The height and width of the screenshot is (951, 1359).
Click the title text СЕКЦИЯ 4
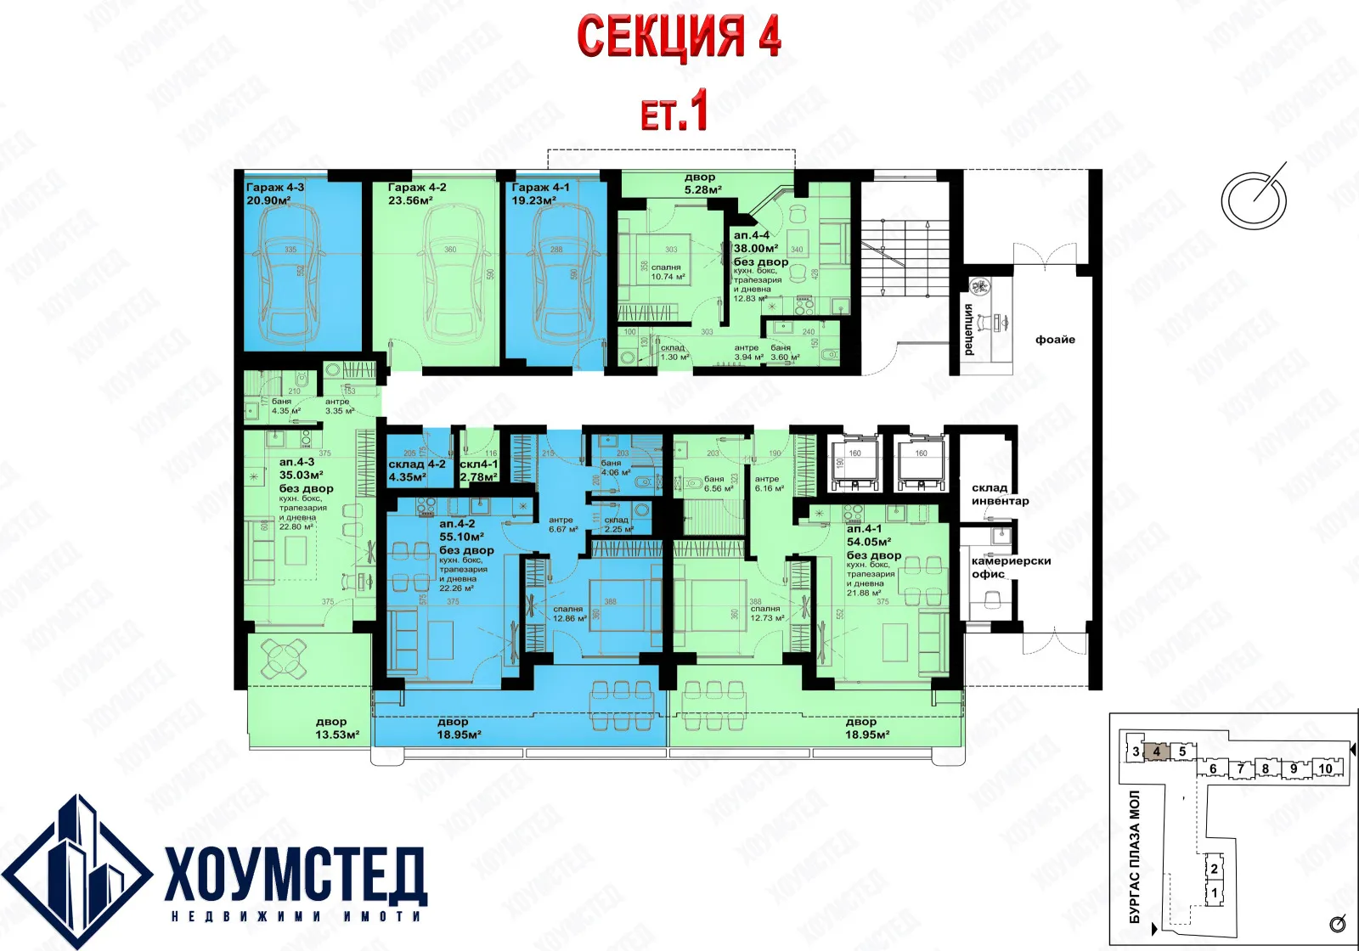click(x=678, y=37)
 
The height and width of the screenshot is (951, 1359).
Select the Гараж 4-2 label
click(x=416, y=188)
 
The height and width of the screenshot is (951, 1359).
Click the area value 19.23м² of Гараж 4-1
click(x=533, y=201)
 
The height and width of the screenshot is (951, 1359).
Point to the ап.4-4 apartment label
click(x=752, y=235)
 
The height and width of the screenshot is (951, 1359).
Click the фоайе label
click(x=1055, y=340)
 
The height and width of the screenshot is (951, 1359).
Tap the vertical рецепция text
click(x=969, y=329)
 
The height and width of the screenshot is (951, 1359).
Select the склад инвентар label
click(x=1000, y=494)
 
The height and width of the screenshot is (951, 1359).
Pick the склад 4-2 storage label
click(x=416, y=464)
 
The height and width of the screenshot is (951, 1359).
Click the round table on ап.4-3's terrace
click(x=285, y=657)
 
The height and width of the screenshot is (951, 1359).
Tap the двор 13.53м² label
click(x=336, y=729)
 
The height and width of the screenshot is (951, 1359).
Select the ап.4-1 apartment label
click(x=864, y=528)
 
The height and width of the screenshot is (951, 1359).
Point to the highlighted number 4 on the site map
click(x=1156, y=751)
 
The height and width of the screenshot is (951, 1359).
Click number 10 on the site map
click(x=1325, y=768)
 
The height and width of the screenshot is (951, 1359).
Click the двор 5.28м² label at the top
click(x=702, y=183)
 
